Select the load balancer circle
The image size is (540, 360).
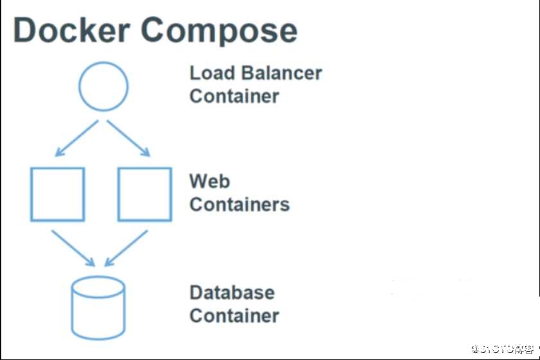[103, 86]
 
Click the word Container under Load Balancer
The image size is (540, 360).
[234, 96]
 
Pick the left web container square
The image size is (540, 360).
[58, 194]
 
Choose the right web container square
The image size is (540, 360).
[144, 194]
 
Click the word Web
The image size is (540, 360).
[209, 181]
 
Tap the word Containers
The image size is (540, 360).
[240, 205]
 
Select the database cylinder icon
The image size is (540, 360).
[98, 308]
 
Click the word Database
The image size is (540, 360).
[232, 293]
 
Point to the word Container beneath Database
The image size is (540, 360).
[234, 316]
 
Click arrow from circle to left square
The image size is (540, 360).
[76, 139]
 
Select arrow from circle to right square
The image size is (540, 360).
[128, 139]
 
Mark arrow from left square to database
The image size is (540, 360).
[73, 248]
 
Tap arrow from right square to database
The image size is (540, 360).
[126, 248]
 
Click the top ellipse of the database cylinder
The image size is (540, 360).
[98, 287]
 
